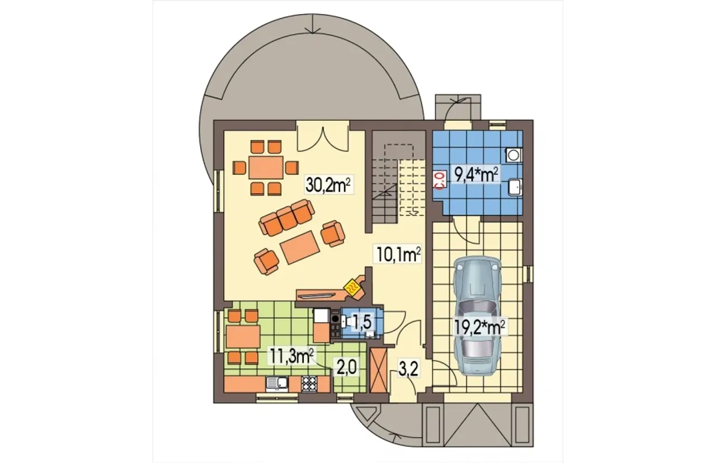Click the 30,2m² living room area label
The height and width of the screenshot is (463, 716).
pos(329,185)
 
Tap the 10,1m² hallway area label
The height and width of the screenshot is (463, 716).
pos(398,254)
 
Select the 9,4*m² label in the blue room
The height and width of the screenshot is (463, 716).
pos(476,175)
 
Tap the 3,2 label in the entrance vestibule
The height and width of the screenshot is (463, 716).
pos(408,370)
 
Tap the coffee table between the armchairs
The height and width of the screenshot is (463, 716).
pos(299,248)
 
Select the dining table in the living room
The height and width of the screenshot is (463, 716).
pos(266,167)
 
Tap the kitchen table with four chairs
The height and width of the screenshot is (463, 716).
pos(243,337)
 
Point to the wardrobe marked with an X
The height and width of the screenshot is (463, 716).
pos(379,374)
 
